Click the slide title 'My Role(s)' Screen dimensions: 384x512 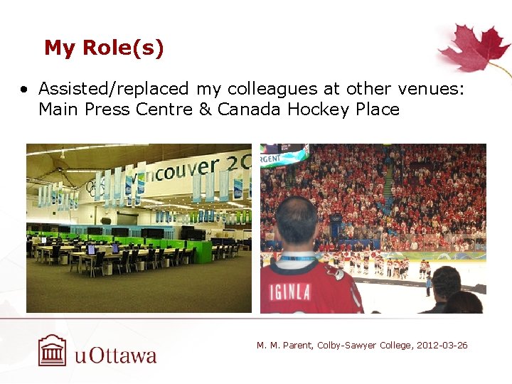pyautogui.click(x=104, y=48)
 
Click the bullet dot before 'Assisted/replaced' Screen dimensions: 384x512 pyautogui.click(x=25, y=90)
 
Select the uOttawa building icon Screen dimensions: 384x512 pyautogui.click(x=52, y=351)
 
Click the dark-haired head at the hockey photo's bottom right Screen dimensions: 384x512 pyautogui.click(x=446, y=284)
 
